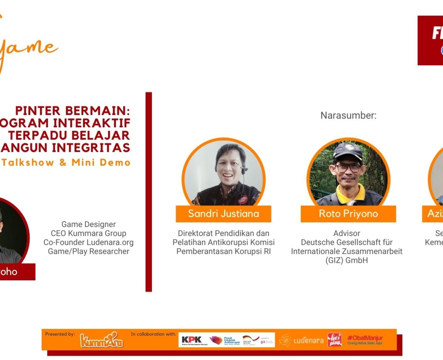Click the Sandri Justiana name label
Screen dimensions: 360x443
(x=223, y=214)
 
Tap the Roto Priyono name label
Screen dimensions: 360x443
(x=348, y=214)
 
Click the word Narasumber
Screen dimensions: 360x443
(x=348, y=115)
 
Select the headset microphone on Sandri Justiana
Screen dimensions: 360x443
(x=243, y=170)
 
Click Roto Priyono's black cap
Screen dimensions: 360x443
(x=348, y=150)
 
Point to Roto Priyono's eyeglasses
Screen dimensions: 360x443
(x=348, y=167)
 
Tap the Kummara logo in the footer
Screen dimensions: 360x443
(x=101, y=340)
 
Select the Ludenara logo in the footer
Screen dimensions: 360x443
(x=301, y=340)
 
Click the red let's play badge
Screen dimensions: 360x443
(x=334, y=340)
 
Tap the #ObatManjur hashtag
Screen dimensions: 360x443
(x=365, y=338)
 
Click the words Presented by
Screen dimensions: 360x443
(x=60, y=334)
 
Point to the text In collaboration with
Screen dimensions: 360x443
(x=153, y=334)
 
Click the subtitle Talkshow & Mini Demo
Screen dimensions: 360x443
(x=66, y=163)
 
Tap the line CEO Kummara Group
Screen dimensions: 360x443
(x=89, y=233)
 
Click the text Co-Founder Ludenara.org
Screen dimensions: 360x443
(x=89, y=242)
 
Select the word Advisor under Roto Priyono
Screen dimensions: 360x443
(x=346, y=233)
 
